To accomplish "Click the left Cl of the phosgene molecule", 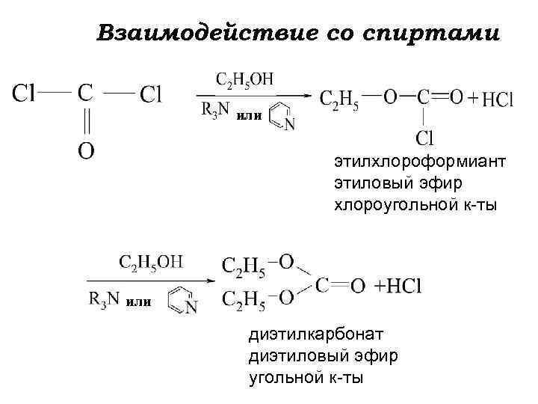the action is click(25, 94).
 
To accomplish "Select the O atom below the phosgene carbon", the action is click(86, 150).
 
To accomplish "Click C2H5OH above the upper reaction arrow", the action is click(244, 79).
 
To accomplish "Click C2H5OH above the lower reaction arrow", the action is click(149, 262).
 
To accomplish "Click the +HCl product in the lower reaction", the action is click(398, 286).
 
